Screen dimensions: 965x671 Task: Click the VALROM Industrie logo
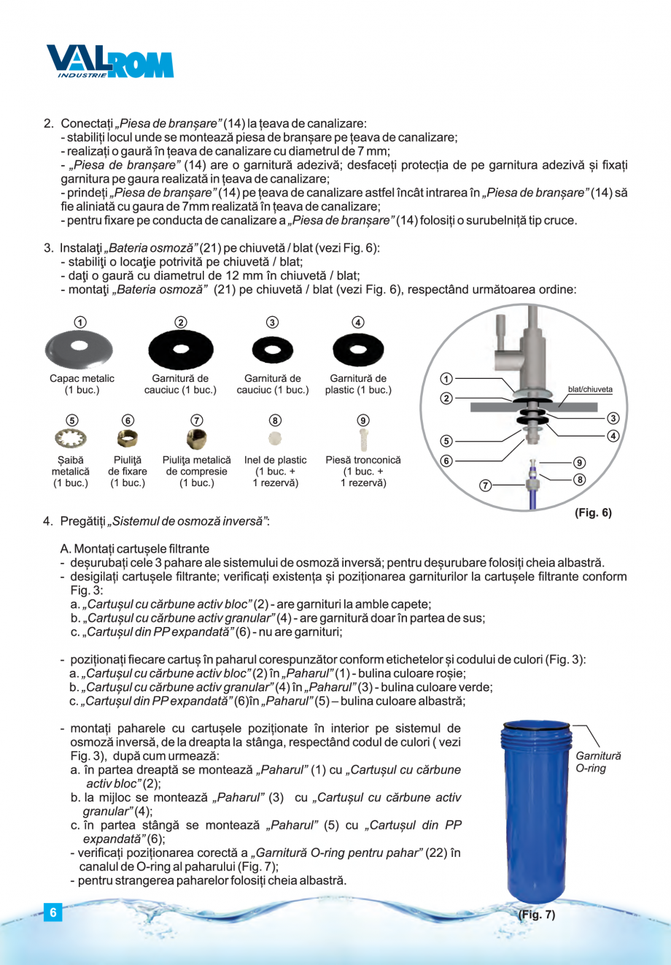click(x=109, y=62)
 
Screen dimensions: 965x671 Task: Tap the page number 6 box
click(x=53, y=912)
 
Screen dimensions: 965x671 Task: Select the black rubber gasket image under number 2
click(x=180, y=350)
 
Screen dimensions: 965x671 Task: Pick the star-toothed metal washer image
click(x=71, y=439)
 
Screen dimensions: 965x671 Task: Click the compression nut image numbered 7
click(x=196, y=439)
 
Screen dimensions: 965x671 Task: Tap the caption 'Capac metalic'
click(x=82, y=379)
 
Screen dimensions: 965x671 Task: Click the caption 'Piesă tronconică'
click(x=363, y=461)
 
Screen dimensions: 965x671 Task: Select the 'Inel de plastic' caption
click(x=275, y=461)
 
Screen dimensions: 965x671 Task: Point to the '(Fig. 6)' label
click(x=593, y=513)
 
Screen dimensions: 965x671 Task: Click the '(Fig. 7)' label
click(x=536, y=915)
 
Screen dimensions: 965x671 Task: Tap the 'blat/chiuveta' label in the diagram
click(x=590, y=390)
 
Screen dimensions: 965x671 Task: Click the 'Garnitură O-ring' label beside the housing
click(x=598, y=763)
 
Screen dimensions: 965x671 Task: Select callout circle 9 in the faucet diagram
click(x=578, y=463)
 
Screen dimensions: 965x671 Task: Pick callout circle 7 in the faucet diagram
click(x=486, y=485)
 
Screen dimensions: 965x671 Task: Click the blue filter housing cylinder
click(x=536, y=810)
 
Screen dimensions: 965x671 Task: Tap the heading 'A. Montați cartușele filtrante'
click(x=135, y=549)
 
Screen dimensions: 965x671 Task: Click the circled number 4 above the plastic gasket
click(x=358, y=322)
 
